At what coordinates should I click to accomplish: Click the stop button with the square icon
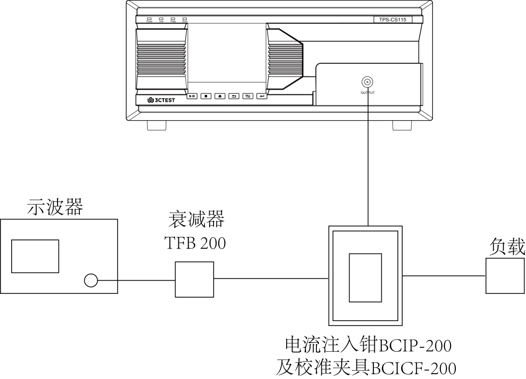206,96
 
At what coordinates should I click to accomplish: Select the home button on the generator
220,96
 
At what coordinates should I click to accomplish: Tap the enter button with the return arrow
262,96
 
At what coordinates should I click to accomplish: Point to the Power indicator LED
150,18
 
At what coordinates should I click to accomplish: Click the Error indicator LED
185,18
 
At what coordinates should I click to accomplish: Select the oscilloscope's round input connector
91,280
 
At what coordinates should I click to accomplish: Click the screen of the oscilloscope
35,256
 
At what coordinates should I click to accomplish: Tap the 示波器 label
55,207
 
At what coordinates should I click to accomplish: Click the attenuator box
195,279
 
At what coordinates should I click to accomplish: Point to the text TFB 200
195,243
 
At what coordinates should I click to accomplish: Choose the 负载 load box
505,276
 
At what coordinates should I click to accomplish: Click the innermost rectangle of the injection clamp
365,277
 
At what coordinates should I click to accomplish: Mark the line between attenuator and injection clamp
271,279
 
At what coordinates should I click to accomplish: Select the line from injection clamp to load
444,276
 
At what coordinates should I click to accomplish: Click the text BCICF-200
413,367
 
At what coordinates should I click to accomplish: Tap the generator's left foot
156,125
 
